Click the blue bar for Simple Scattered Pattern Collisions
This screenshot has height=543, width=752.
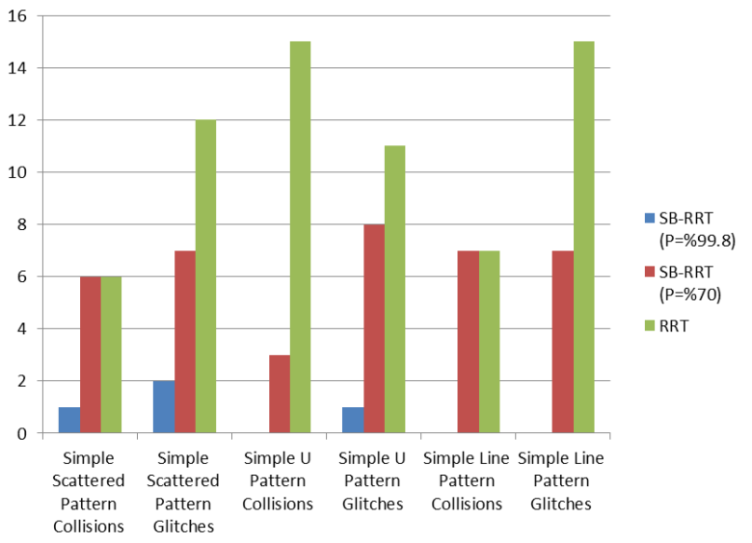pos(69,420)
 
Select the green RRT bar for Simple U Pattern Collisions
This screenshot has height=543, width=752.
pos(300,237)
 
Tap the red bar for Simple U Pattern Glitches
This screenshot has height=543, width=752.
pos(374,328)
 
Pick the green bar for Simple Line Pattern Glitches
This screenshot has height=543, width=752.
pos(583,237)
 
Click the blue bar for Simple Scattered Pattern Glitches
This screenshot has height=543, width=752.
pos(164,406)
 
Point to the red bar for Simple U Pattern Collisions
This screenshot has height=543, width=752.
pos(280,394)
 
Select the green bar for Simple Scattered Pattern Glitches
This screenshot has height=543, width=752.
pos(205,276)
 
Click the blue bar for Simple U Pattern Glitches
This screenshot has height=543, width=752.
pos(353,420)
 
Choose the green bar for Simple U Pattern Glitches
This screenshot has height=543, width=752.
pos(394,289)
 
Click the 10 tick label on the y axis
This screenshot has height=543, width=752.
pos(18,172)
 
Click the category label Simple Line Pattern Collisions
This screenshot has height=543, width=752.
pos(466,480)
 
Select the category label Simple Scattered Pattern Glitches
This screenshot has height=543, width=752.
pos(184,492)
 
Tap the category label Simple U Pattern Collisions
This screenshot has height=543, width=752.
pos(278,480)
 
